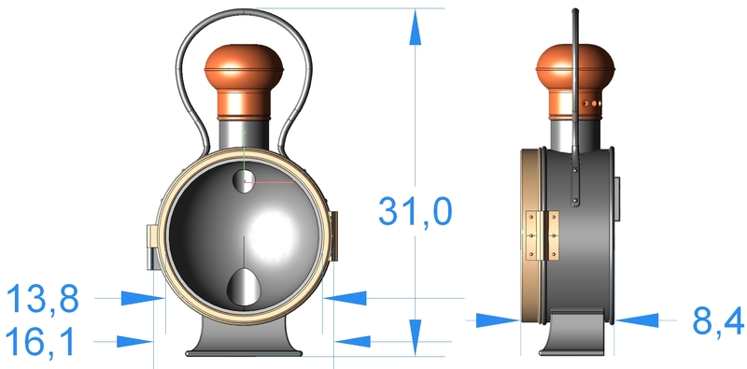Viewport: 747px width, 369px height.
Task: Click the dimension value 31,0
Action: (415, 211)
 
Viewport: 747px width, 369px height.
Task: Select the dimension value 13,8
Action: (42, 298)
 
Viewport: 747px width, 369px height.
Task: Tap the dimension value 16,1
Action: (40, 341)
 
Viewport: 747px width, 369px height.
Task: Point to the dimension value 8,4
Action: (718, 320)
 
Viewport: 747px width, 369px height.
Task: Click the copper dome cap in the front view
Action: (244, 82)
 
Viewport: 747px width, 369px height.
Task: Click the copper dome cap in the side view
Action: (575, 82)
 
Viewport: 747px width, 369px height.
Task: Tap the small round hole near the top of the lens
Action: (244, 181)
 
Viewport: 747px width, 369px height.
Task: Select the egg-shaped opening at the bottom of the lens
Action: (244, 288)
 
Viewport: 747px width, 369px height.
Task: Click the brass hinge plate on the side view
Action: (543, 236)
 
